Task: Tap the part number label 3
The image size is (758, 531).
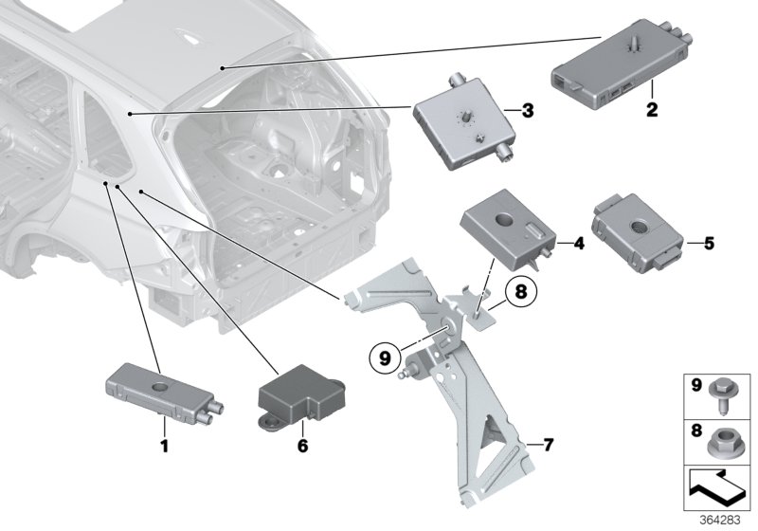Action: pos(529,111)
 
